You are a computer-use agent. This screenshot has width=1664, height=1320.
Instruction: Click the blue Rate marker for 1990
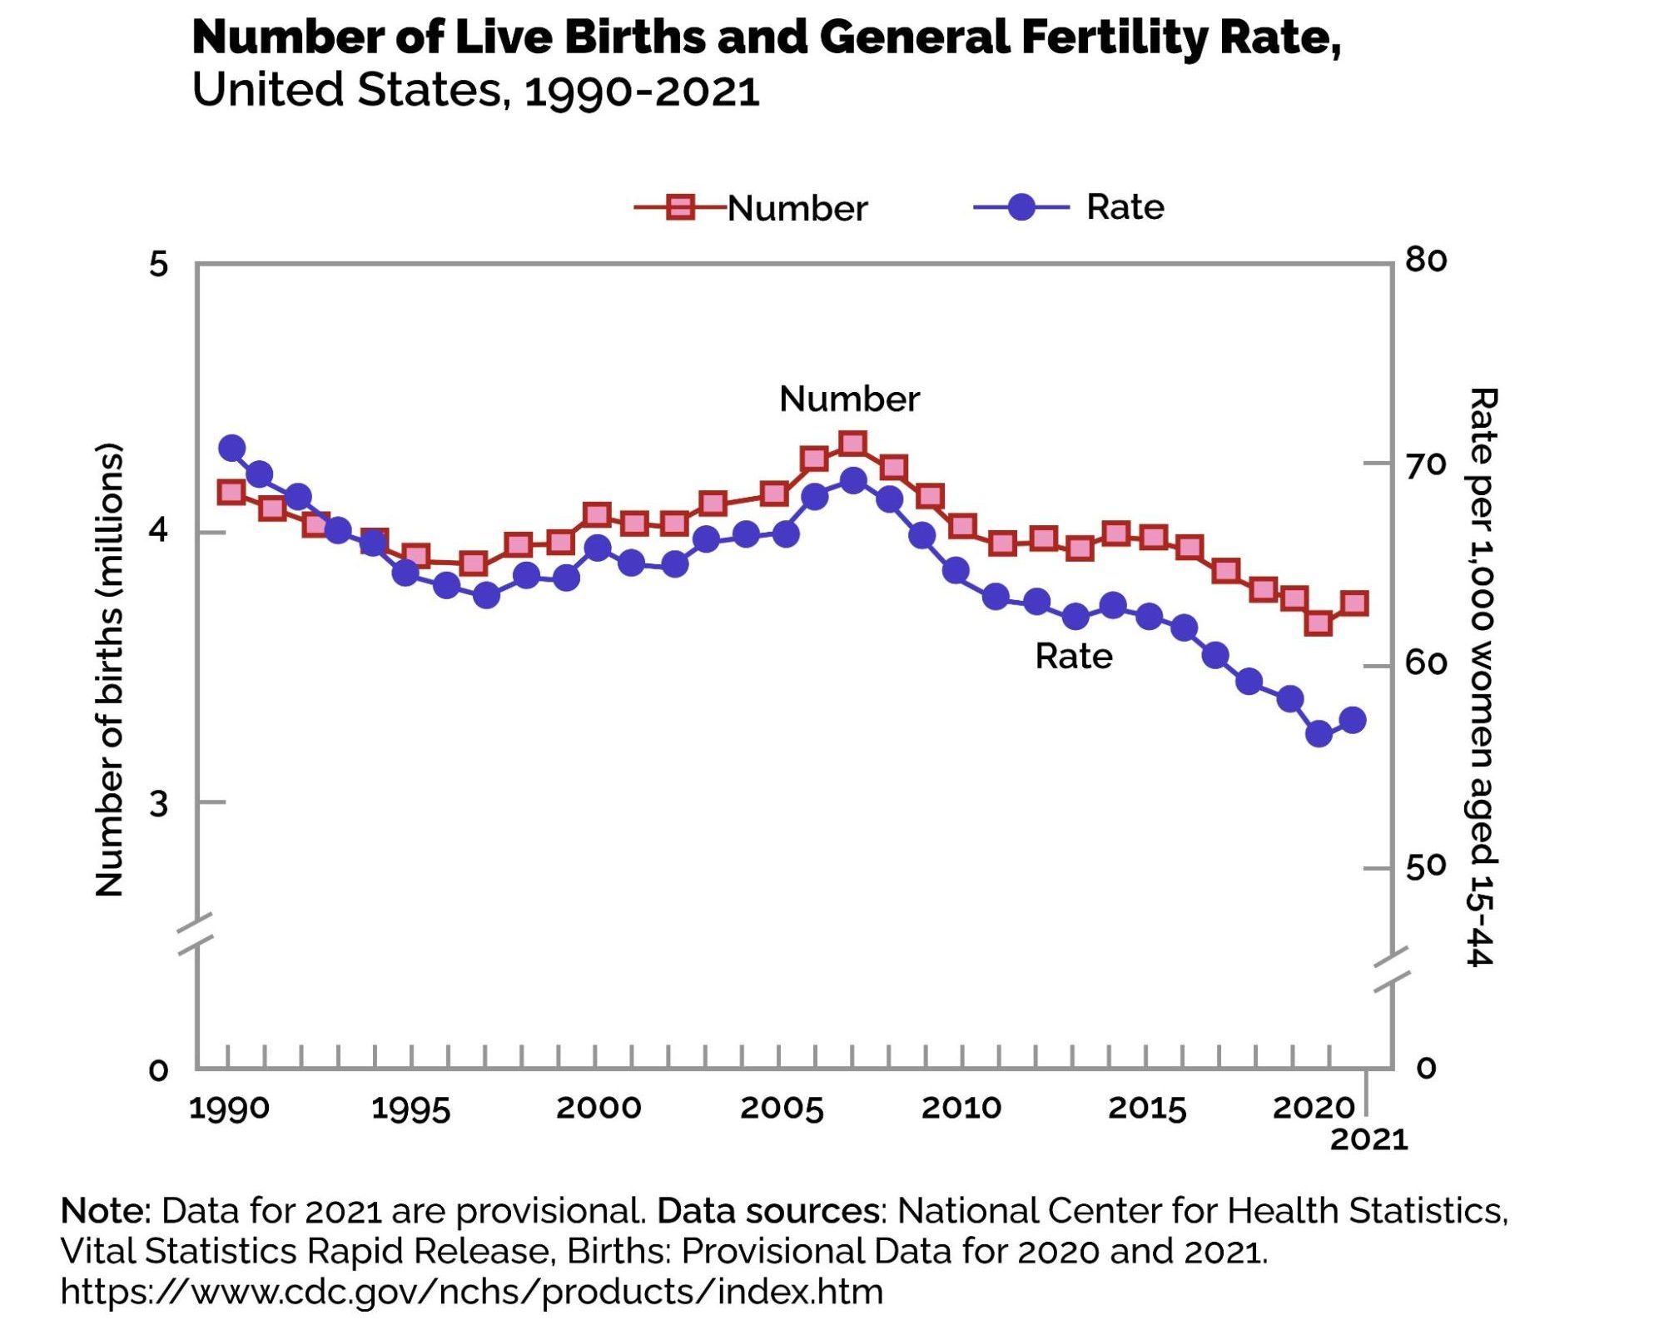tap(231, 448)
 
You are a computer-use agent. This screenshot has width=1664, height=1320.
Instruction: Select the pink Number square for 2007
tap(852, 444)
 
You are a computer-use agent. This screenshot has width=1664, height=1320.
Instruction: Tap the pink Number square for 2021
tap(1354, 603)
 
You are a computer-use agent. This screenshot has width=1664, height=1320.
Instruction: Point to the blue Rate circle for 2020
tap(1319, 733)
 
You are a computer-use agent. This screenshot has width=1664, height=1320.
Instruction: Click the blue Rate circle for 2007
tap(853, 480)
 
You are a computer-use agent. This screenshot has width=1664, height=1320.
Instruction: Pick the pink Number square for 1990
tap(231, 492)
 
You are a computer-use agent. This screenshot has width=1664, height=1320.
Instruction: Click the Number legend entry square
tap(681, 206)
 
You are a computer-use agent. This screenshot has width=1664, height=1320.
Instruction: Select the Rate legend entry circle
tap(1021, 206)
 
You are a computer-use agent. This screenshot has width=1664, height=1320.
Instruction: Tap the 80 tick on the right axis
tap(1425, 261)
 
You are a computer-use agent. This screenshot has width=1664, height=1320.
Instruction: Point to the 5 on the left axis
tap(158, 265)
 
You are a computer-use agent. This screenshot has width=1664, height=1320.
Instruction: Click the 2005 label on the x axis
tap(781, 1108)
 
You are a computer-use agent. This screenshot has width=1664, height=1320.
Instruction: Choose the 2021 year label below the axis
tap(1368, 1139)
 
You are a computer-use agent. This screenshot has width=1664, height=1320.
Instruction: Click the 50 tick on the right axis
tap(1425, 866)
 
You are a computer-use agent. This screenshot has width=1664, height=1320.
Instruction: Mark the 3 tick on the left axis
tap(158, 804)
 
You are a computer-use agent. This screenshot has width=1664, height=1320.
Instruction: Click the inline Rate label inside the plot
tap(1073, 657)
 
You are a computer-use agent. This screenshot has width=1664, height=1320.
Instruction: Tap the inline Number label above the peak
tap(849, 399)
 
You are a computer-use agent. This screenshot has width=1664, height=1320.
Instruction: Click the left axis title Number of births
tap(109, 669)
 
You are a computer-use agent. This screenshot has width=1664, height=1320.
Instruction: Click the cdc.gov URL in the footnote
tap(471, 1292)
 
